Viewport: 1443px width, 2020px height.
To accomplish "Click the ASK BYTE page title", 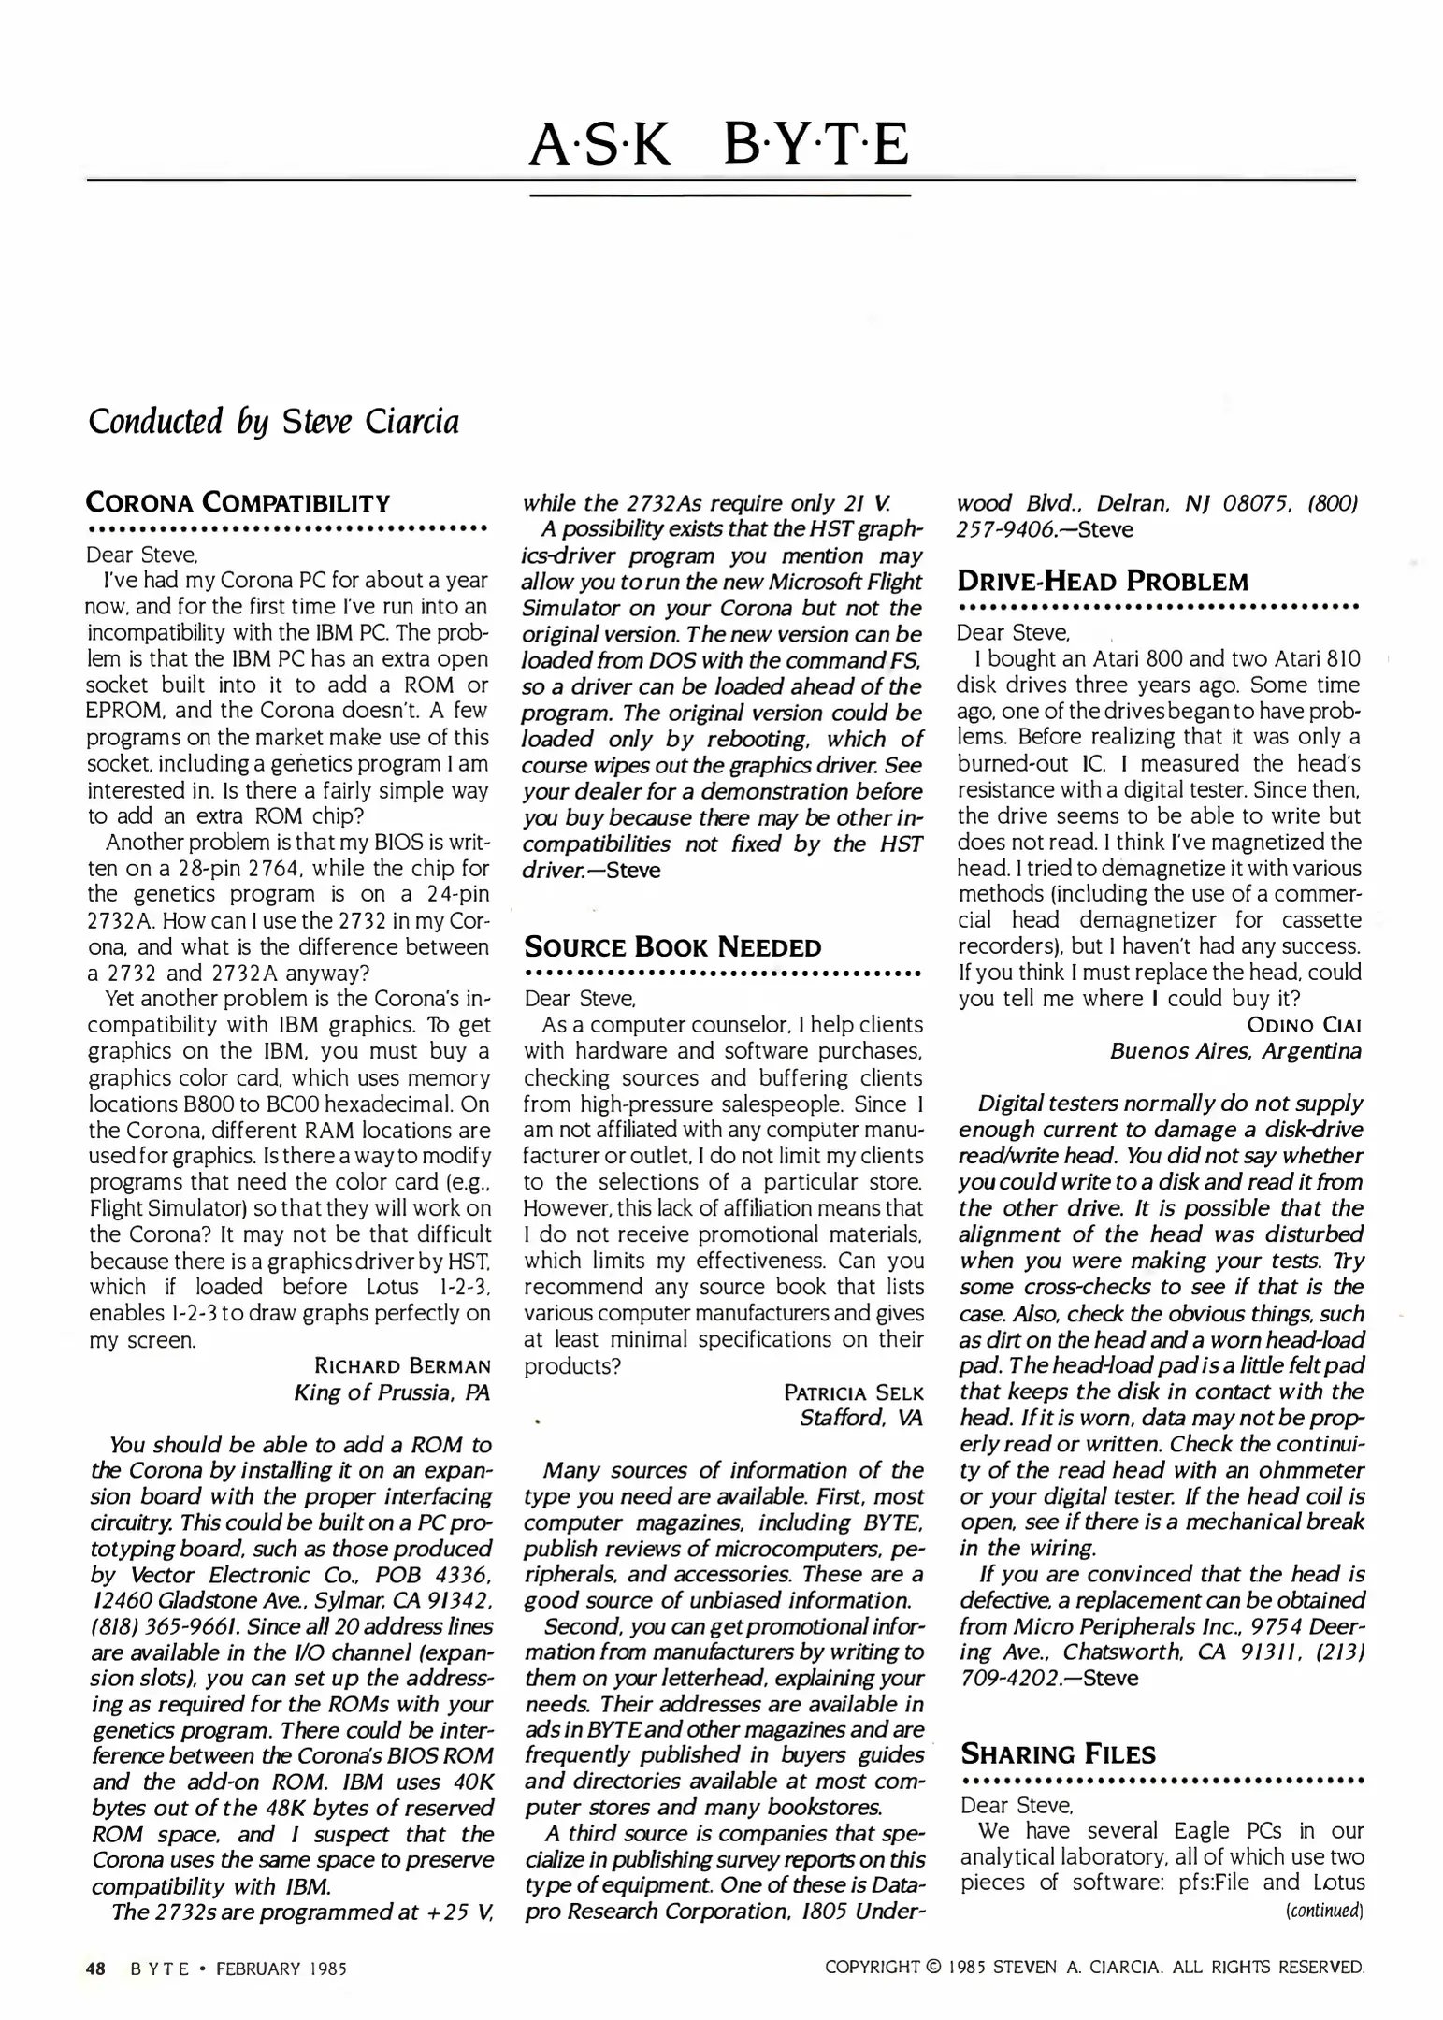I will pos(719,144).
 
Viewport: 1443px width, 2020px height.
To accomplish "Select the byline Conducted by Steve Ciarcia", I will pos(273,422).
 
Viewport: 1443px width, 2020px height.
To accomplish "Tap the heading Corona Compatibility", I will pos(238,503).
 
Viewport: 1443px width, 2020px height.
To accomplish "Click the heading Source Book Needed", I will pos(672,947).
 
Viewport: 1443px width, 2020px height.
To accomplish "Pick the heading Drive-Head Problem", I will pos(1103,582).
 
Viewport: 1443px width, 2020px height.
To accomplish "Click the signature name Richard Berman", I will pos(402,1366).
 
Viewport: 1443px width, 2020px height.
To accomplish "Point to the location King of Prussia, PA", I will pos(391,1392).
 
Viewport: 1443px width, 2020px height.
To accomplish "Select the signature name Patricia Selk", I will pos(853,1392).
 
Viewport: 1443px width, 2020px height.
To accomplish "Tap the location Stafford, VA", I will pos(860,1419).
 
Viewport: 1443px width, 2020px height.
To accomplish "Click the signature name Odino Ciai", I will pos(1304,1025).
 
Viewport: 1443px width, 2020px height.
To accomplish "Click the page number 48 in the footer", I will pos(94,1968).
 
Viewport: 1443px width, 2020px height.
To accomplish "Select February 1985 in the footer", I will pos(281,1968).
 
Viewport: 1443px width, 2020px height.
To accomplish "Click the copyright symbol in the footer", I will pos(932,1968).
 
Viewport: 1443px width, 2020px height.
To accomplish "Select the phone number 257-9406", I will pos(1000,529).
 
